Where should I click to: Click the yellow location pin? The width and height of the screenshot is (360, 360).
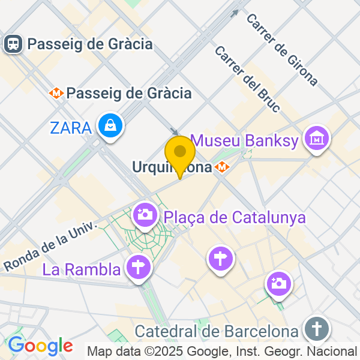tap(179, 152)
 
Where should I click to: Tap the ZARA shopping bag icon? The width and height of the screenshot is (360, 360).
tap(111, 126)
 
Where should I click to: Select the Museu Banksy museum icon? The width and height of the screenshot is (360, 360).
tap(316, 139)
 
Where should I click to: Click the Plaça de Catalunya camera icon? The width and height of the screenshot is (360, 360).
tap(145, 214)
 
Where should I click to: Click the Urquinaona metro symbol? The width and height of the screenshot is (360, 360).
tap(223, 167)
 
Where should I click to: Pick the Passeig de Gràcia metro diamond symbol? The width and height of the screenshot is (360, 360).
tap(57, 93)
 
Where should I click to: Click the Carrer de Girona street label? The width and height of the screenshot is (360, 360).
tap(281, 49)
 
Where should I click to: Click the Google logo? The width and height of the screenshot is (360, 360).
tap(40, 346)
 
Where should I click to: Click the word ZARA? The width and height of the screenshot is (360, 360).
tap(71, 127)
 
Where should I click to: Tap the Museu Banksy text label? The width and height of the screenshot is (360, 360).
tap(244, 142)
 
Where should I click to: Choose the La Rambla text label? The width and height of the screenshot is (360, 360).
tap(81, 270)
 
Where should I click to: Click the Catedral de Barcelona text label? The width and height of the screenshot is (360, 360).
tap(217, 331)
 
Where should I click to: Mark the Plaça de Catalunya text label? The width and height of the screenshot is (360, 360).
tap(235, 217)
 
